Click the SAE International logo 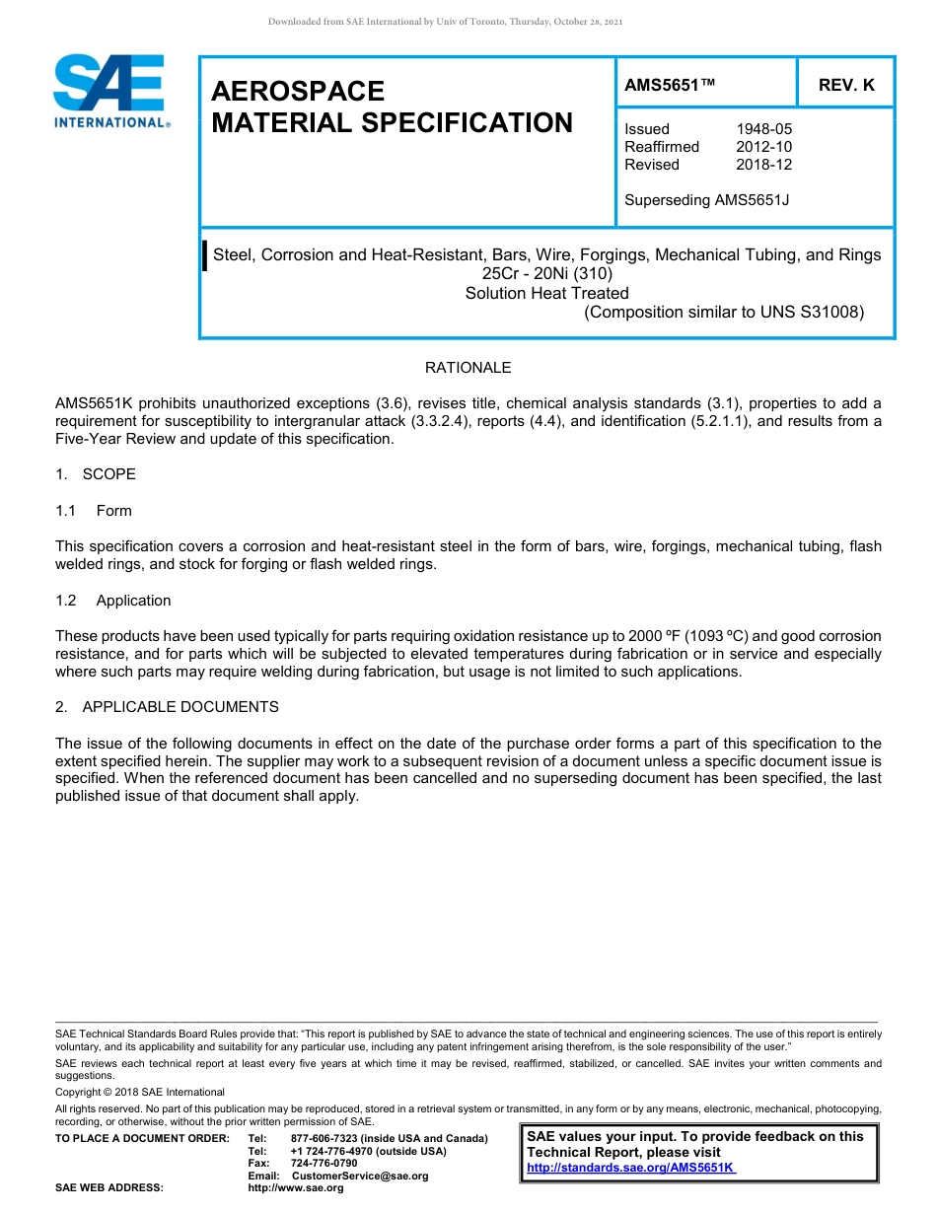click(111, 91)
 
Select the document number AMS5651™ click(670, 86)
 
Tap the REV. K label click(846, 86)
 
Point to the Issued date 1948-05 click(763, 129)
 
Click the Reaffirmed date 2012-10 click(763, 147)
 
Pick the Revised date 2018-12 click(763, 165)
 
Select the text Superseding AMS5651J click(707, 200)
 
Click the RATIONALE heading click(468, 368)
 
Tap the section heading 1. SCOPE click(96, 474)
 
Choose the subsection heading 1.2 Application click(114, 601)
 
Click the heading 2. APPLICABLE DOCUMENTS click(167, 707)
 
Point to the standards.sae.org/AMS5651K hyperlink click(630, 1168)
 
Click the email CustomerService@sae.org click(360, 1176)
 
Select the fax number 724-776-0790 click(324, 1164)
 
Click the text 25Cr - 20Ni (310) click(547, 273)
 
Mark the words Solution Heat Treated click(546, 293)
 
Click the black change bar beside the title click(205, 255)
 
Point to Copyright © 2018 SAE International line click(140, 1092)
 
